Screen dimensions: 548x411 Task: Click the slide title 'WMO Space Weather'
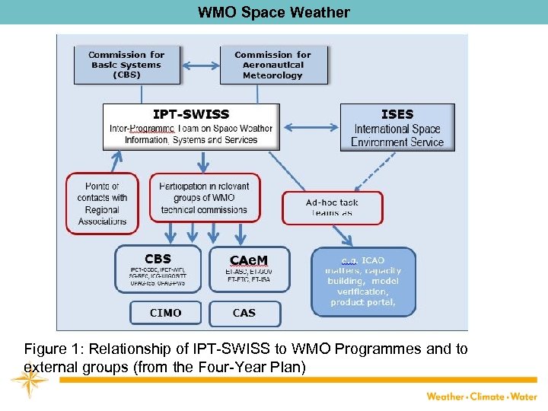coord(274,12)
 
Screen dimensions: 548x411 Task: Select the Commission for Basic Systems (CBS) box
coord(126,65)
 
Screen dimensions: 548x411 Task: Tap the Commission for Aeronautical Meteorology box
coord(272,65)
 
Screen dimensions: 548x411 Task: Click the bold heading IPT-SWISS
coord(191,114)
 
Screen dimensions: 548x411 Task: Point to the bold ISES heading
coord(397,114)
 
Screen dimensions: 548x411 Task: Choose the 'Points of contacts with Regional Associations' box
coord(102,203)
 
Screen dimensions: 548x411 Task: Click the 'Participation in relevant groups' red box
coord(205,198)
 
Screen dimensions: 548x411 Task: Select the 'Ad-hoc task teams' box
coord(332,208)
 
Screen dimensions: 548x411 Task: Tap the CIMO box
coord(165,313)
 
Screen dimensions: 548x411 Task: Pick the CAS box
coord(244,313)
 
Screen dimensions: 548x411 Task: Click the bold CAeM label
coord(248,259)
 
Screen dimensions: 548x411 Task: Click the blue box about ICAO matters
coord(363,281)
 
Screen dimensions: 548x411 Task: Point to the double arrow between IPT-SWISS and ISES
coord(310,126)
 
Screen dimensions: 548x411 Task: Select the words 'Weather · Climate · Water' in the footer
coord(481,396)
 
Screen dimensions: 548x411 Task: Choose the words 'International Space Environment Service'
coord(397,135)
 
